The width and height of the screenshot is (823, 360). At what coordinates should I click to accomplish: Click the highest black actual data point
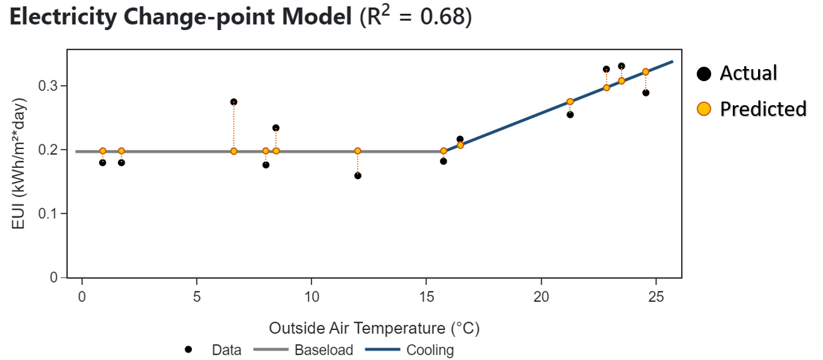(621, 66)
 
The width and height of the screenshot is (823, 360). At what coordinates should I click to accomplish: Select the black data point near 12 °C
(358, 175)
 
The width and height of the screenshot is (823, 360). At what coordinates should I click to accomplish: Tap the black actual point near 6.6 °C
(234, 102)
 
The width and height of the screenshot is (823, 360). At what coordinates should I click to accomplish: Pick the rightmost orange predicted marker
(646, 72)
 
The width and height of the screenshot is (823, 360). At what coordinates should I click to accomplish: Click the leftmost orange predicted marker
(103, 151)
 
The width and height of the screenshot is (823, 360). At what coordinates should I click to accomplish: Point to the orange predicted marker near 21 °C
(570, 102)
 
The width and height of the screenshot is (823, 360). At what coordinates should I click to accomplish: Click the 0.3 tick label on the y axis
(48, 86)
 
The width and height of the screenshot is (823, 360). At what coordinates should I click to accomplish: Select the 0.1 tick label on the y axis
(48, 213)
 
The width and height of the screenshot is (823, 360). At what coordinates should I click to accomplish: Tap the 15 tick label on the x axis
(426, 296)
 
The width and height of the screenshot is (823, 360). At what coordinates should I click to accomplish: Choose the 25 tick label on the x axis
(656, 296)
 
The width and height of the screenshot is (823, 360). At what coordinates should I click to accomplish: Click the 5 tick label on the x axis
(197, 296)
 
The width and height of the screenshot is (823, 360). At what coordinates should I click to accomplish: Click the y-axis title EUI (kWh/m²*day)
(18, 163)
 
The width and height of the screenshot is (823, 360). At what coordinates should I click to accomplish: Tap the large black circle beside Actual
(704, 73)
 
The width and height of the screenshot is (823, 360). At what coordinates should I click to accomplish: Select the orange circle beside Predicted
(704, 109)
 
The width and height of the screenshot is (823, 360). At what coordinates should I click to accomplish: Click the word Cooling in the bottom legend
(430, 350)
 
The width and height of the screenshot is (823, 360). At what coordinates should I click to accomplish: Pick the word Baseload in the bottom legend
(323, 350)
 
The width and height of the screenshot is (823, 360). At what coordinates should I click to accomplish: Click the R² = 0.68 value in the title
(416, 17)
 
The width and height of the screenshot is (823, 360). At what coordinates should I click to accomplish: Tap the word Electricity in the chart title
(63, 17)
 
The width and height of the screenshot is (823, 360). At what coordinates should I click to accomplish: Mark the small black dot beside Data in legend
(189, 349)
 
